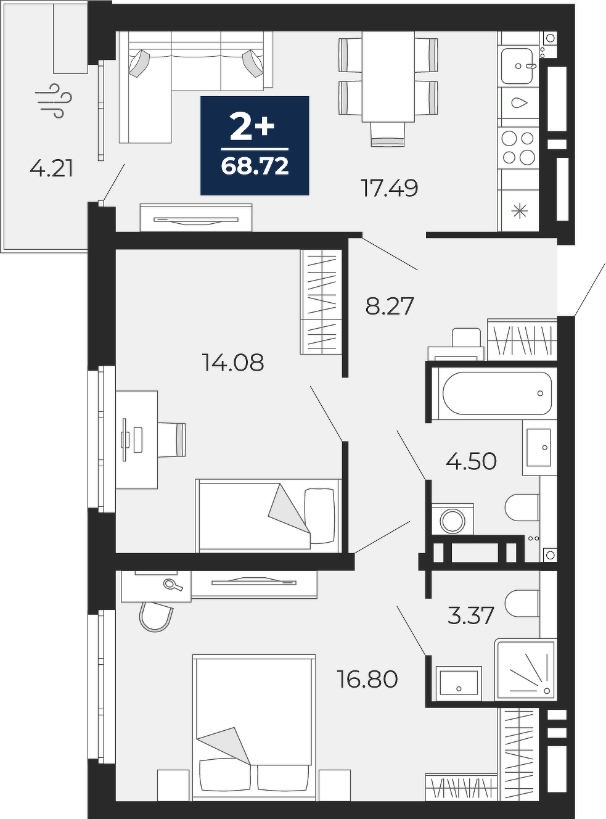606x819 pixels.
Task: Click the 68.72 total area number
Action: click(255, 167)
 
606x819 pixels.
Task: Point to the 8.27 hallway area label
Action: click(389, 306)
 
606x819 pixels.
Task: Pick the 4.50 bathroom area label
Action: click(471, 461)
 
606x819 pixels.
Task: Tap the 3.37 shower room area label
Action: click(470, 615)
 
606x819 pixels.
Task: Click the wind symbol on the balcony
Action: click(54, 101)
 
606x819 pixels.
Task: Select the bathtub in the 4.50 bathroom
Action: click(497, 393)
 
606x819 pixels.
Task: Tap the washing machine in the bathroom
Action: click(452, 519)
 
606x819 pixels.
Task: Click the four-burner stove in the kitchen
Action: click(518, 148)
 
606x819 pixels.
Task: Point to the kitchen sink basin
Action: click(518, 67)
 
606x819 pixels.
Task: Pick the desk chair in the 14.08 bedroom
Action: click(172, 440)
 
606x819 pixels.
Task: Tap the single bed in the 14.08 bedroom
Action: click(269, 516)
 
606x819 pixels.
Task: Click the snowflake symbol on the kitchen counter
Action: click(519, 212)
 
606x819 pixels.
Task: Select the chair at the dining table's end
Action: click(388, 134)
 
